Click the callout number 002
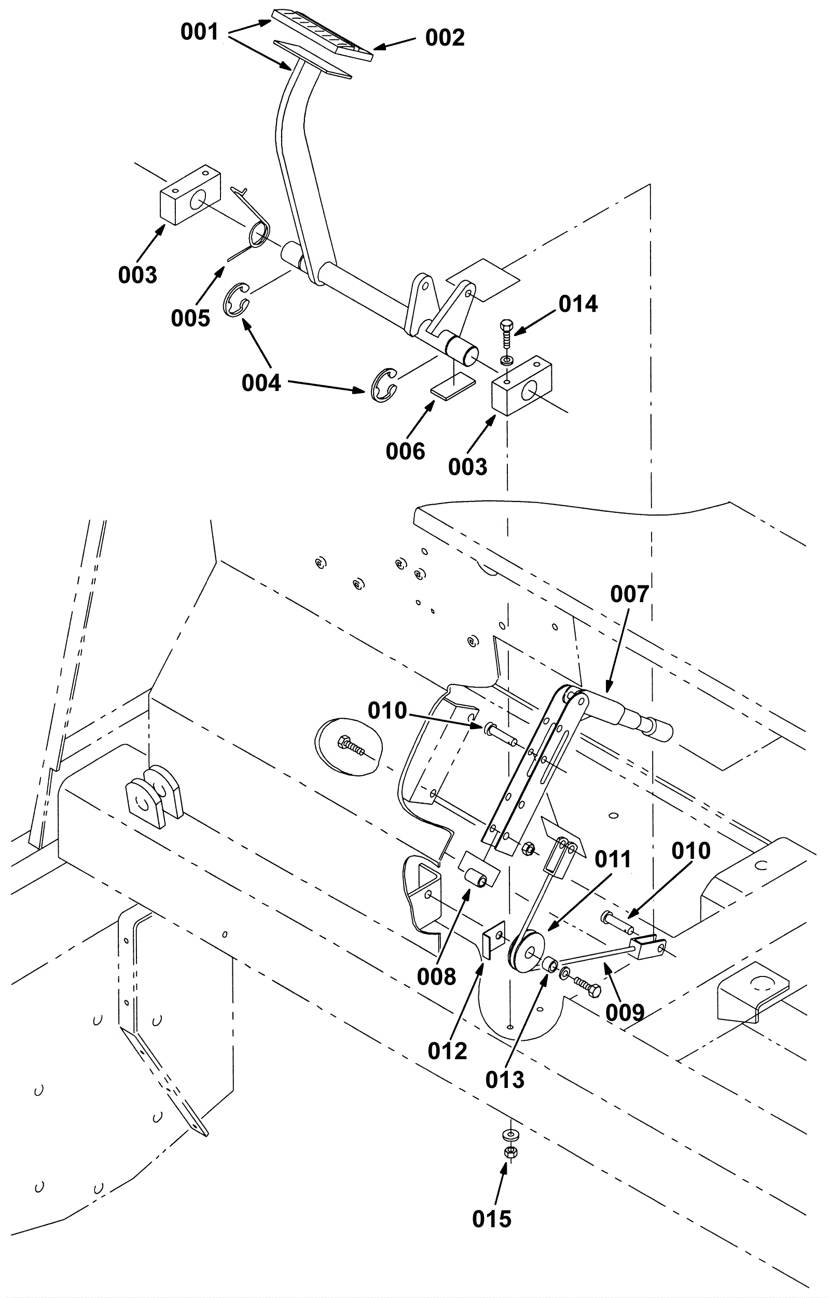(445, 38)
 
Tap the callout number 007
(629, 595)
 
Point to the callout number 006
(405, 451)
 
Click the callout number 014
(578, 304)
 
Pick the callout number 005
(190, 318)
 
